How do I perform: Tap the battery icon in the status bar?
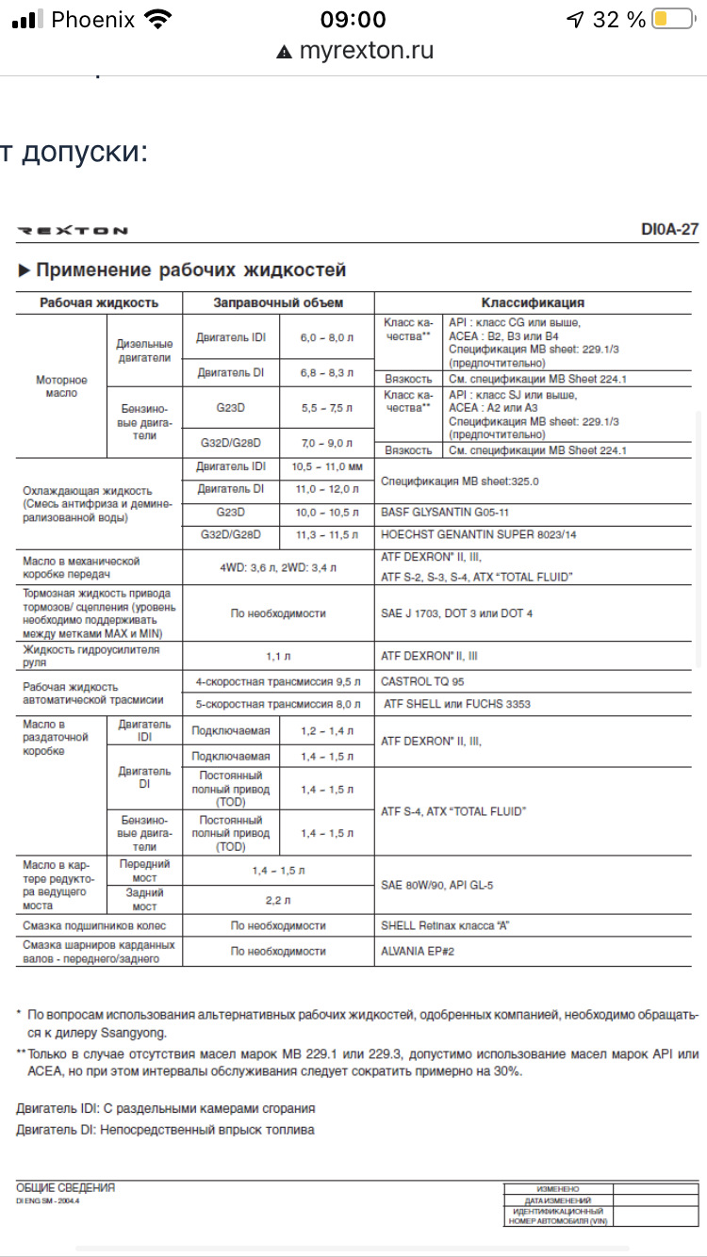(x=672, y=20)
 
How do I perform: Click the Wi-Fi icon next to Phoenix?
(x=159, y=20)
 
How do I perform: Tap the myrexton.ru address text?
(x=366, y=51)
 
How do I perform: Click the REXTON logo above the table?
(x=73, y=231)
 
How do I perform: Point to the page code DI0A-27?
(x=669, y=230)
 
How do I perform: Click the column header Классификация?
(x=533, y=302)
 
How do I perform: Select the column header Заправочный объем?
(x=278, y=302)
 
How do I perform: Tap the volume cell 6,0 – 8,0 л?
(x=327, y=337)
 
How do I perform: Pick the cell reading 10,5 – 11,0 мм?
(x=327, y=466)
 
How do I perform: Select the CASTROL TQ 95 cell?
(x=422, y=680)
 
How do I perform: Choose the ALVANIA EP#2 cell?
(x=418, y=951)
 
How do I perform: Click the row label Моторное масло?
(x=61, y=386)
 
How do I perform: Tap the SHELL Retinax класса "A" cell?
(x=445, y=925)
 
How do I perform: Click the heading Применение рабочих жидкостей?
(x=190, y=270)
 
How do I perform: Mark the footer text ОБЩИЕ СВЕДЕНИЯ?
(x=66, y=1188)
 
